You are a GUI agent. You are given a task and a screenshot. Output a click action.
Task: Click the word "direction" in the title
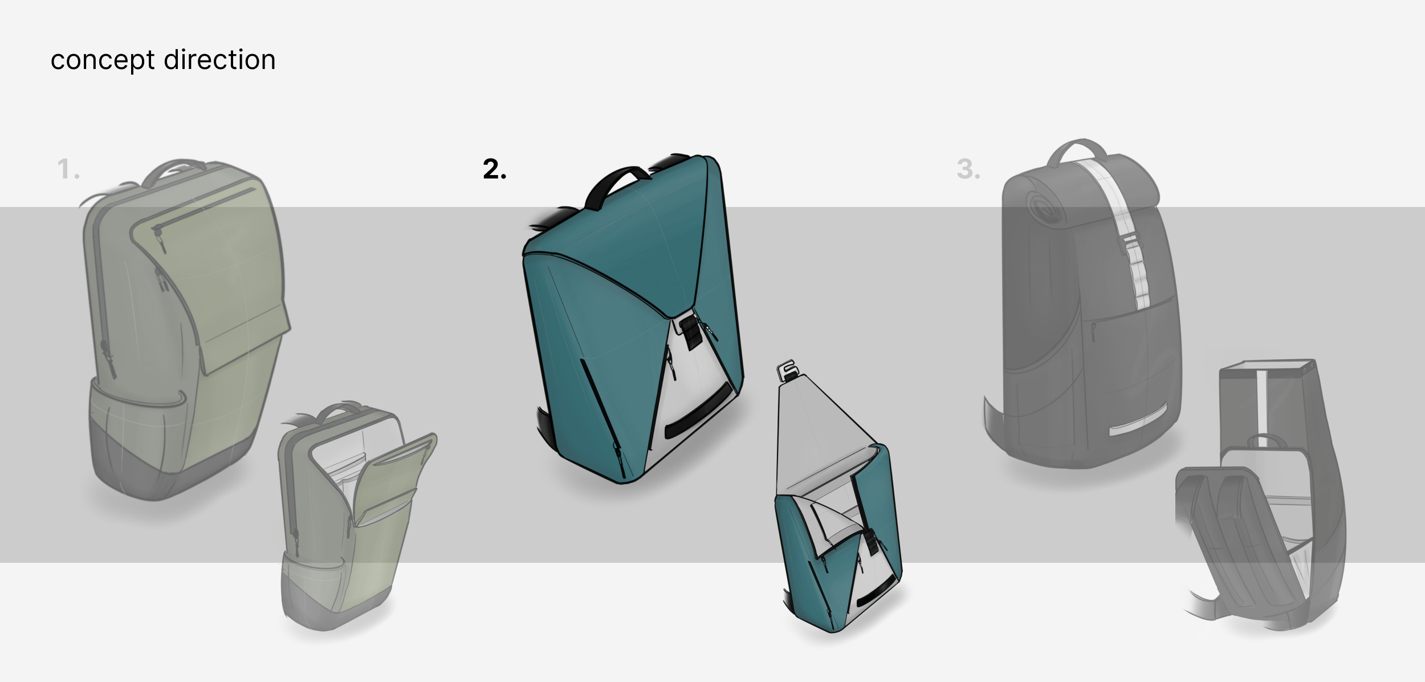219,59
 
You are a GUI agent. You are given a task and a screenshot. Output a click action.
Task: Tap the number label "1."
68,169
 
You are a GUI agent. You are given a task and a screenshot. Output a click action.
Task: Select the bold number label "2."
494,169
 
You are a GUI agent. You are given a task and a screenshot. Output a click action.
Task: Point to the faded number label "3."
968,169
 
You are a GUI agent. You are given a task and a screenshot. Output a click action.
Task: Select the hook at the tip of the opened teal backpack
787,370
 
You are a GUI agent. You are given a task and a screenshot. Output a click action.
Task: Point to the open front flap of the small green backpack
393,482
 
